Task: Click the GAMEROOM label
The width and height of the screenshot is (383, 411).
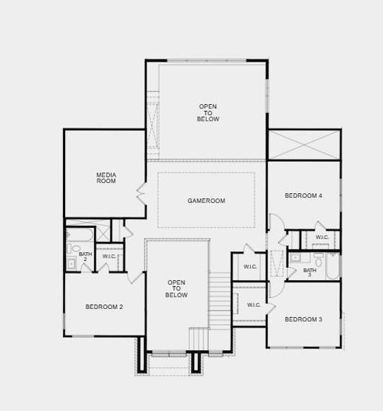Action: pos(206,201)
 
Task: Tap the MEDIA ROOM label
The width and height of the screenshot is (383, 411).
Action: pos(106,178)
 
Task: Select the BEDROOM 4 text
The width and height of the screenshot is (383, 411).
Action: pos(304,196)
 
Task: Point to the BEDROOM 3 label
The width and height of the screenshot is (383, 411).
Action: pos(304,319)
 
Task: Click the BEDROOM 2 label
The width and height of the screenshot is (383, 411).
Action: pos(104,306)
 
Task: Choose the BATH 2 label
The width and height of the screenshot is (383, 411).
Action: pos(85,256)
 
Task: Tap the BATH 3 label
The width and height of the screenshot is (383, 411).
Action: pos(310,272)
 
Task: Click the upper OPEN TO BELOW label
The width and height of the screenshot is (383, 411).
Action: pos(209,112)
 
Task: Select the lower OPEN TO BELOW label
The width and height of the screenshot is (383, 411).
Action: pos(176,288)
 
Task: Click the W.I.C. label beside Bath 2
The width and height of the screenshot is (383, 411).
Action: pos(110,257)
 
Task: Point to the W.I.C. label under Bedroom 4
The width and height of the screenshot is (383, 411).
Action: pos(322,238)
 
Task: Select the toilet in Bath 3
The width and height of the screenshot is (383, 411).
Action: pos(319,262)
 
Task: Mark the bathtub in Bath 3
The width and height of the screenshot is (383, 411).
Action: pos(333,267)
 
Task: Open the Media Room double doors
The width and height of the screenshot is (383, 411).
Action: pos(140,193)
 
